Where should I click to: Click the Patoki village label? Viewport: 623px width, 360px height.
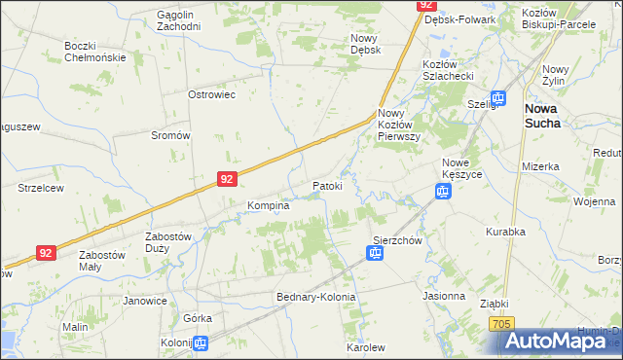(327, 186)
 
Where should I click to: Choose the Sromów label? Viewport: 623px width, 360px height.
(169, 135)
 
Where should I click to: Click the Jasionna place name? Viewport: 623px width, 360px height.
(444, 295)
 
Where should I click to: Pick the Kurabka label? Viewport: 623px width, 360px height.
(505, 232)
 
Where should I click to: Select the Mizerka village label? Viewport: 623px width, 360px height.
(540, 166)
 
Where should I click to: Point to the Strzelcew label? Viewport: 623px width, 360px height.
(40, 187)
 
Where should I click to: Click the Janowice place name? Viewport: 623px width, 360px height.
(145, 301)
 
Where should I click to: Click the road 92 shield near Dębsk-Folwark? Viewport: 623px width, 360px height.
(425, 5)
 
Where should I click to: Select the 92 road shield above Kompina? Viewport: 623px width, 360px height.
(226, 179)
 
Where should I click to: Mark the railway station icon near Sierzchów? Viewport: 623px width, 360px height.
(375, 254)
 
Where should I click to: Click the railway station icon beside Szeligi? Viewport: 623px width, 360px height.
(497, 97)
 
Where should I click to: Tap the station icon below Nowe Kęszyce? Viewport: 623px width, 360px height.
(442, 192)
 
